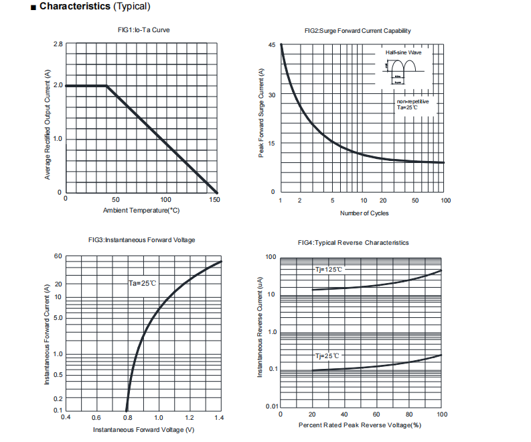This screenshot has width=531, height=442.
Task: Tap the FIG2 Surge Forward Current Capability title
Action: pos(358,31)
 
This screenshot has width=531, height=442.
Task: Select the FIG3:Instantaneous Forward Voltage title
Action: pos(141,240)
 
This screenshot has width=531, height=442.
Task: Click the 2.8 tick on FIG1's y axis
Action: pos(58,44)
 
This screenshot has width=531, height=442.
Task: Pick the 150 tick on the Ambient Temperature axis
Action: pos(214,200)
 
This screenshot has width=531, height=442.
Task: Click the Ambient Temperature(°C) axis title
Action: pos(141,211)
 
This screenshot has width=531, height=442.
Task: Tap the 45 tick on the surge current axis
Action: pos(272,45)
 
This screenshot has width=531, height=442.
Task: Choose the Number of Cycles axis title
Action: pos(364,213)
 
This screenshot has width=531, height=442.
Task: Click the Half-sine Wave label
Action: pos(404,52)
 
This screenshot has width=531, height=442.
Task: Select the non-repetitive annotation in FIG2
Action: pos(412,101)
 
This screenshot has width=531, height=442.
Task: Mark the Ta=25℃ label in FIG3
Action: pos(143,284)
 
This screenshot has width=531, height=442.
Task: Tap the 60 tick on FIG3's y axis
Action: pos(58,257)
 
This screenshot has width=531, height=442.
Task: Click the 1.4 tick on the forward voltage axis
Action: pos(220,417)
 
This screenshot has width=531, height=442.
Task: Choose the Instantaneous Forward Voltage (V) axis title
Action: pos(143,429)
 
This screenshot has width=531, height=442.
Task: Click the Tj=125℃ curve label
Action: pos(329,270)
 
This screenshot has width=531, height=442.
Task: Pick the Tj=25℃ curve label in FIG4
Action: pos(327,355)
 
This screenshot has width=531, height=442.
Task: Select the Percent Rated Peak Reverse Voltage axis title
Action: pos(360,425)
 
